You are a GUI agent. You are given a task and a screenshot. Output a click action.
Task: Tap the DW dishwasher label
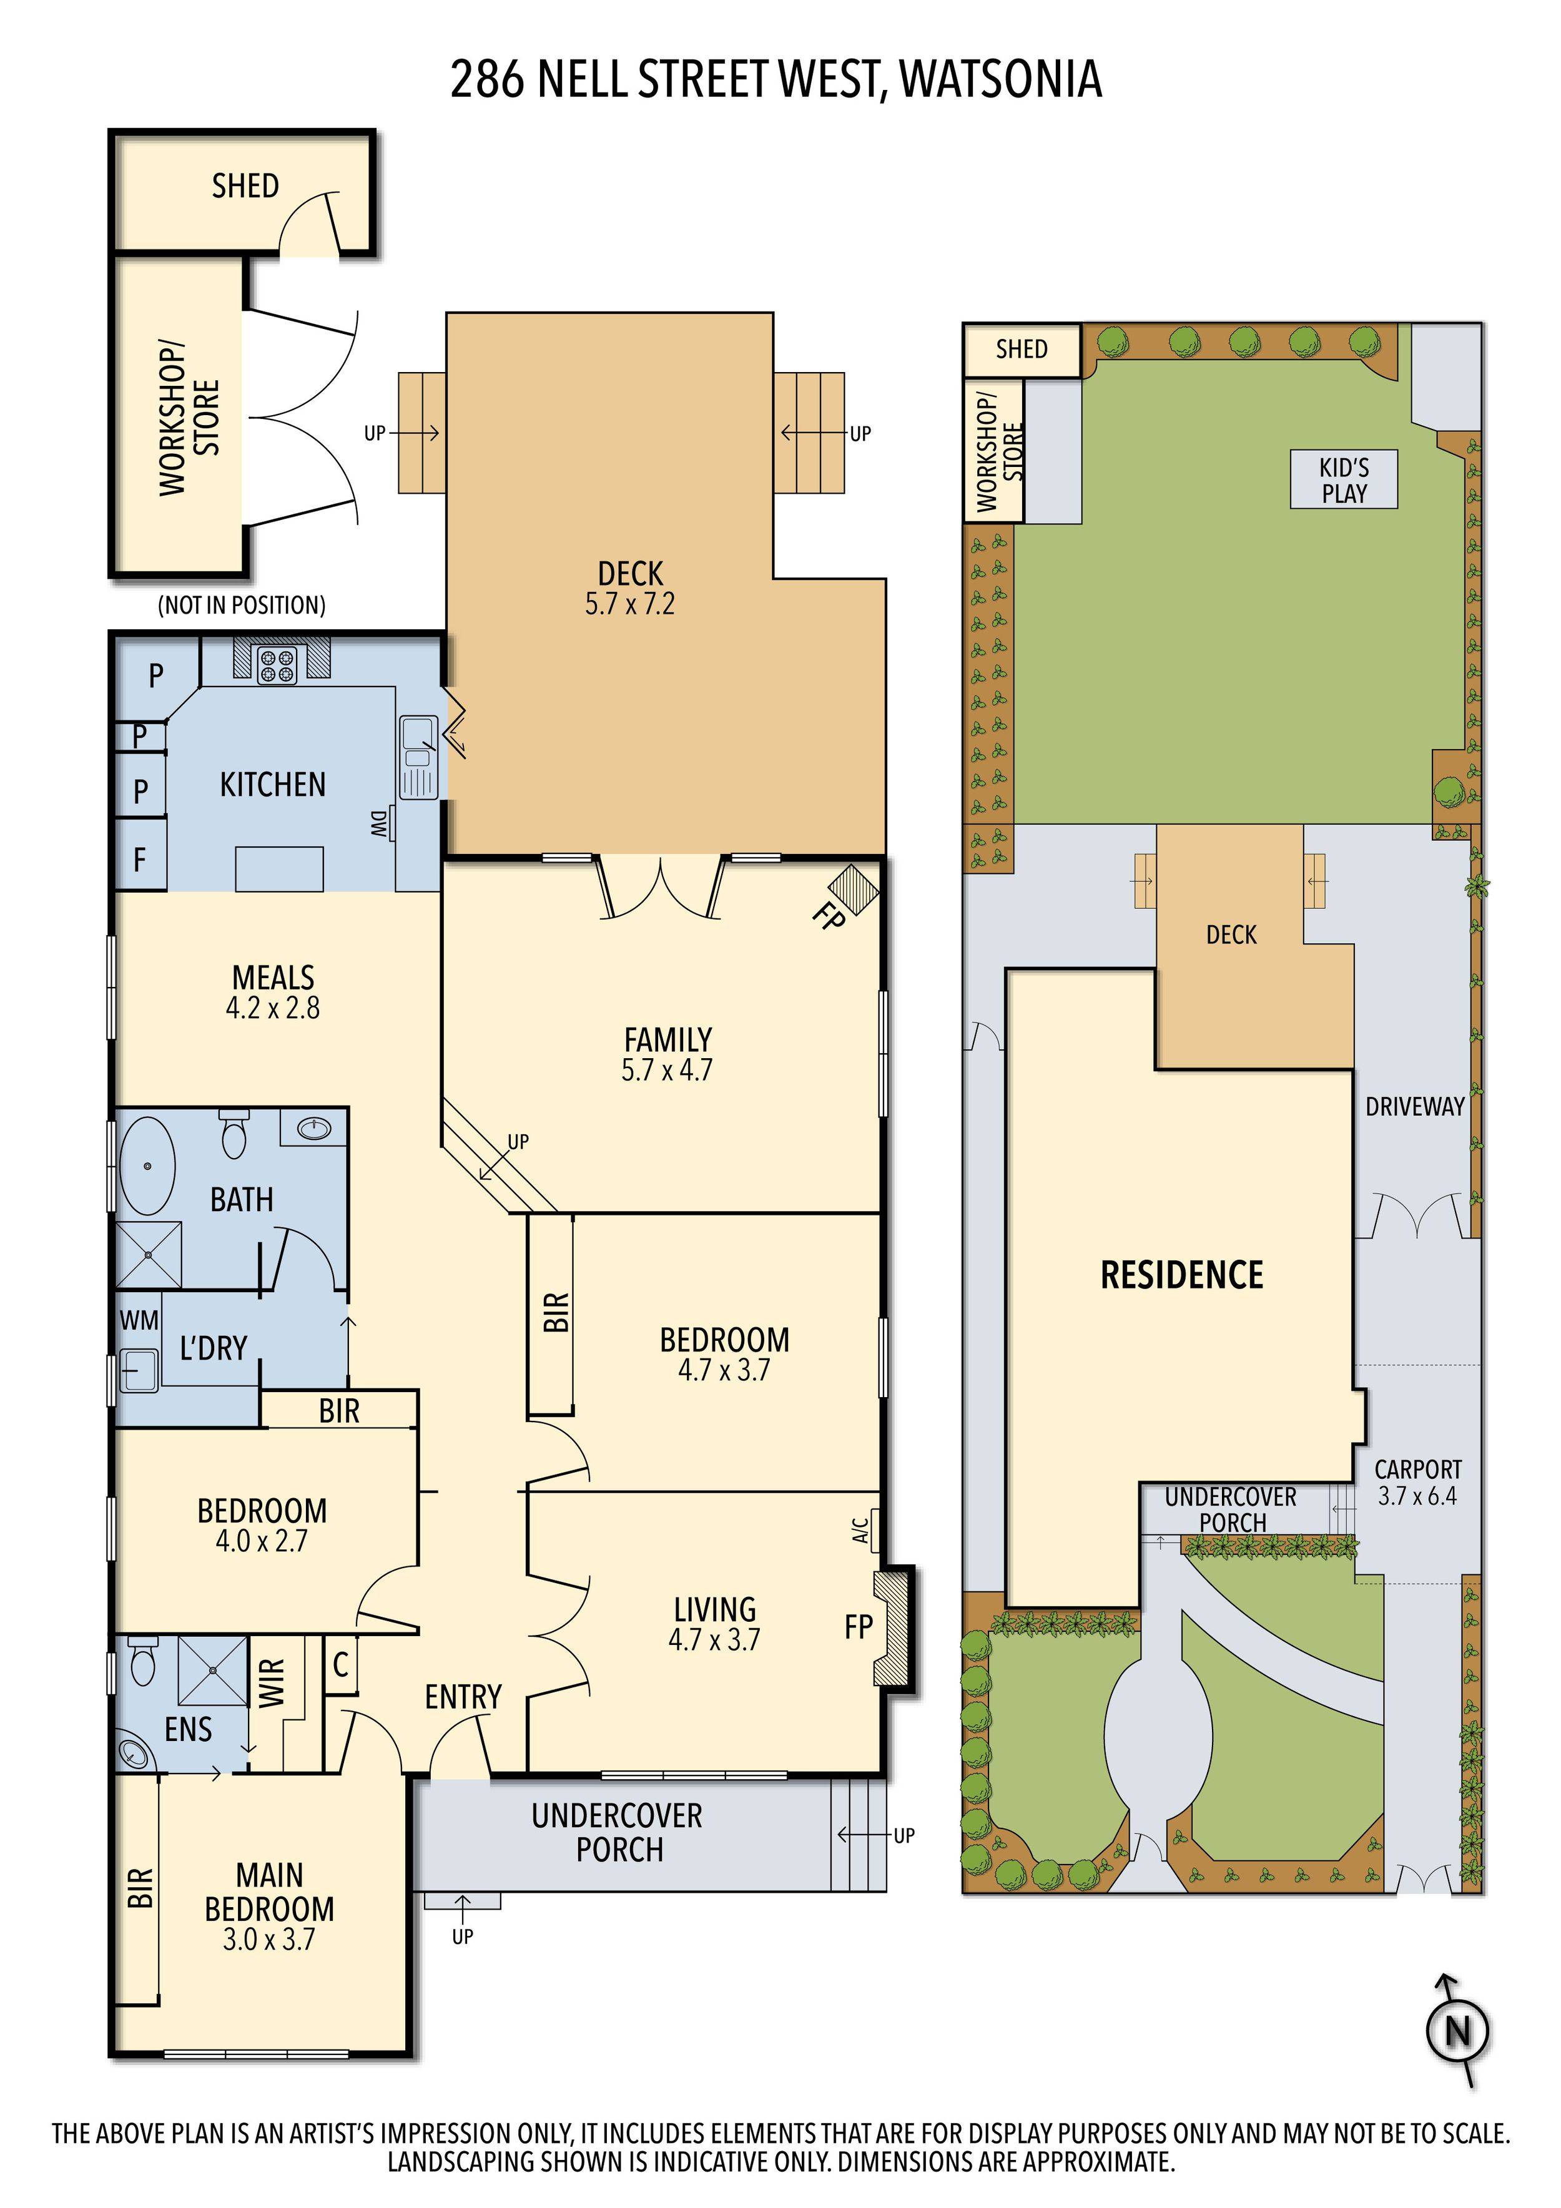click(379, 824)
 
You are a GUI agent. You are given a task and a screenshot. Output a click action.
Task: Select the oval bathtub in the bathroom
click(147, 1165)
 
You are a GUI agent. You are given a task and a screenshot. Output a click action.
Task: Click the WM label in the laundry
click(139, 1320)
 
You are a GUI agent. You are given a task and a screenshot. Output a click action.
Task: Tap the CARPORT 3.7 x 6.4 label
click(1417, 1482)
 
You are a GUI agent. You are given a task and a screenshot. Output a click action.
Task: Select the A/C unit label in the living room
click(862, 1528)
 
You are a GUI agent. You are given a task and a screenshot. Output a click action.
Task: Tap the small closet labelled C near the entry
click(340, 1664)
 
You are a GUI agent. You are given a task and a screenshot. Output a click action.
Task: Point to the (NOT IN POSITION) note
click(242, 605)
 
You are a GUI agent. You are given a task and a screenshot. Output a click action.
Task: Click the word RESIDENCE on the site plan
click(1181, 1275)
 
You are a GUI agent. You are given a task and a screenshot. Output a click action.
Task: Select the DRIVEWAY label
click(1414, 1107)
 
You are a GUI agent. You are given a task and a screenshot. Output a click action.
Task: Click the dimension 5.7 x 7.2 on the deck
click(630, 604)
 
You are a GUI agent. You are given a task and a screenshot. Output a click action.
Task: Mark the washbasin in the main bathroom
click(313, 1127)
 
